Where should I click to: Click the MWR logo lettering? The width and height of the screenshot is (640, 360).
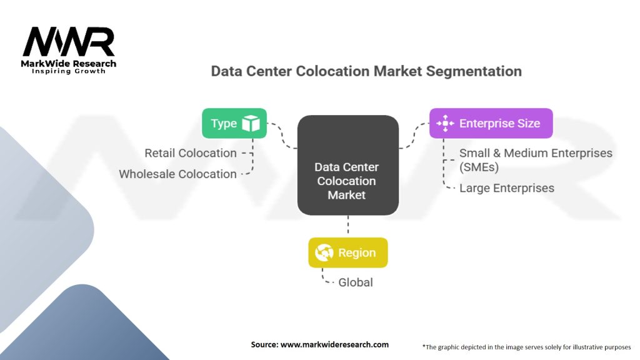69,42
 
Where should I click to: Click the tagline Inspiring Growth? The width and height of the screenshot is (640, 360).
69,71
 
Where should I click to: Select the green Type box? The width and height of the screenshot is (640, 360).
234,123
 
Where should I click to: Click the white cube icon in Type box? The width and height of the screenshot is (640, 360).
251,123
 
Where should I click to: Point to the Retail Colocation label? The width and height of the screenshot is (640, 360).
191,153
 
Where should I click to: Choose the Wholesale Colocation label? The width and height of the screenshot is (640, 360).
178,174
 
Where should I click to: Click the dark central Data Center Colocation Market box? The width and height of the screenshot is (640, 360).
347,166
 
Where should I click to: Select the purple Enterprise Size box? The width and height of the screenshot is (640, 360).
491,123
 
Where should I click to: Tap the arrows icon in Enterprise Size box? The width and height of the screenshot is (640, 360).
444,123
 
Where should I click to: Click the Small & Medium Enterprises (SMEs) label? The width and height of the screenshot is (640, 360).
536,159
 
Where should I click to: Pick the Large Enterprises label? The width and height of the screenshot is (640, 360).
507,187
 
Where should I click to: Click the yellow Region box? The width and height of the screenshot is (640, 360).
348,252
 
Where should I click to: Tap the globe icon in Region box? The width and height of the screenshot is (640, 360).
324,252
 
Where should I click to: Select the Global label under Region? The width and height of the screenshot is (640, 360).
356,282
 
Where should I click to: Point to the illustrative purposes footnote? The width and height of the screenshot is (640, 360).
527,346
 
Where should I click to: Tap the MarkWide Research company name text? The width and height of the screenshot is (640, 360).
69,63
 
